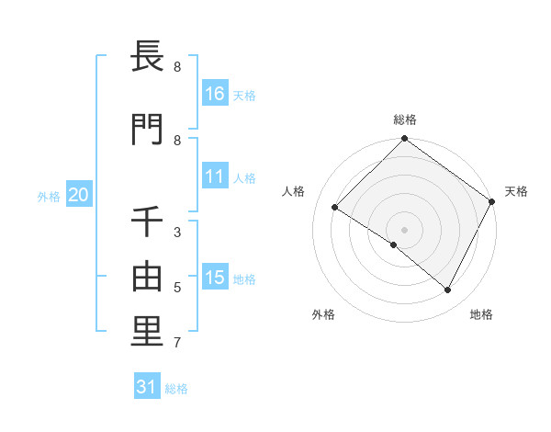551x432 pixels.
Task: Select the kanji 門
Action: (x=147, y=129)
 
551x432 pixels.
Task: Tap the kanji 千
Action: (x=147, y=222)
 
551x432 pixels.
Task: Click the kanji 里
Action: (x=147, y=331)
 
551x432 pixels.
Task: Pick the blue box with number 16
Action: (x=215, y=94)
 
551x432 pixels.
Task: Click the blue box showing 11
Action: (x=215, y=176)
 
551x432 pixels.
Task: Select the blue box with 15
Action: (x=215, y=278)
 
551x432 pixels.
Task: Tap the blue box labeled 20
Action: (x=79, y=195)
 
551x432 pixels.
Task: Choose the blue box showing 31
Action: (x=147, y=387)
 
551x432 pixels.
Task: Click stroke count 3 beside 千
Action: (x=177, y=233)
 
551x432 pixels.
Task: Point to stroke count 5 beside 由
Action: (x=177, y=288)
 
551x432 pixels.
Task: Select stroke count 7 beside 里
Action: (x=177, y=343)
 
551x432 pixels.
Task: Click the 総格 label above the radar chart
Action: (x=405, y=119)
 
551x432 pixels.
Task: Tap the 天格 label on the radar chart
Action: (x=516, y=191)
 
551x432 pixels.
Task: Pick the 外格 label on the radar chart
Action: (x=323, y=314)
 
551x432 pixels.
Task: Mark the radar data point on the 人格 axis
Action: (x=335, y=207)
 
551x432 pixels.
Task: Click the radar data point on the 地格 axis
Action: (x=448, y=290)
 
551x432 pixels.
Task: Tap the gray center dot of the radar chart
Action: (x=404, y=229)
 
